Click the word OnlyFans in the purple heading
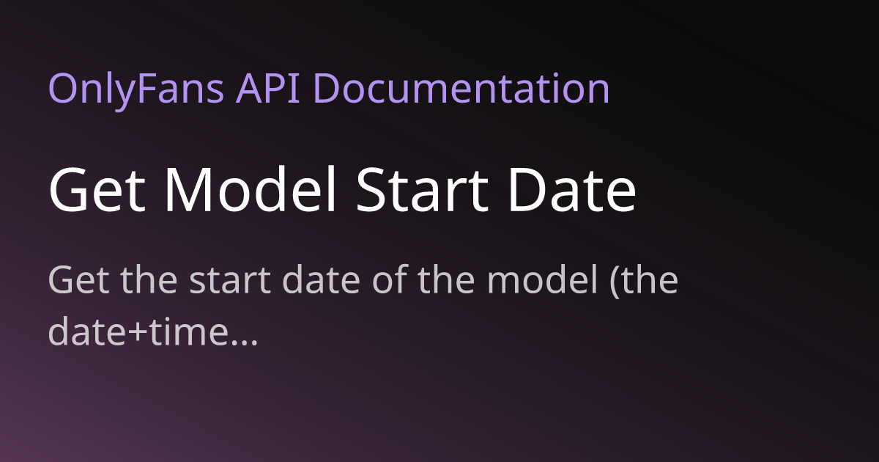coord(136,90)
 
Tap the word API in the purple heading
coord(267,89)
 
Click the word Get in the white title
coord(97,189)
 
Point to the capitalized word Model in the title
coord(251,188)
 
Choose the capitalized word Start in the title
coord(422,189)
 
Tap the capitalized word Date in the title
coord(572,189)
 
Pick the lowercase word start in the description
coord(230,280)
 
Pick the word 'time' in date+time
coord(188,331)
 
